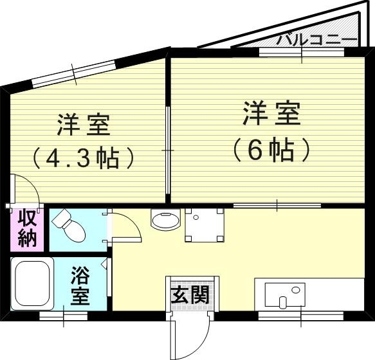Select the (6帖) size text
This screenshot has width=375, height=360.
[271, 150]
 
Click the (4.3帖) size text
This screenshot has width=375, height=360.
[85, 157]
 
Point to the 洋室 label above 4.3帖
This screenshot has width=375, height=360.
[84, 124]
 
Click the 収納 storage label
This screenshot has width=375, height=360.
[27, 229]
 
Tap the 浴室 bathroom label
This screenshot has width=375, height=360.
[80, 286]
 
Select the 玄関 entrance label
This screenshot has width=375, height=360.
[190, 295]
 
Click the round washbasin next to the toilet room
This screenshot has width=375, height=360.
[165, 220]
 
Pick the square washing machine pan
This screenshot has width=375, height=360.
[205, 224]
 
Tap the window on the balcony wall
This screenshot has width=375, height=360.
[301, 52]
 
